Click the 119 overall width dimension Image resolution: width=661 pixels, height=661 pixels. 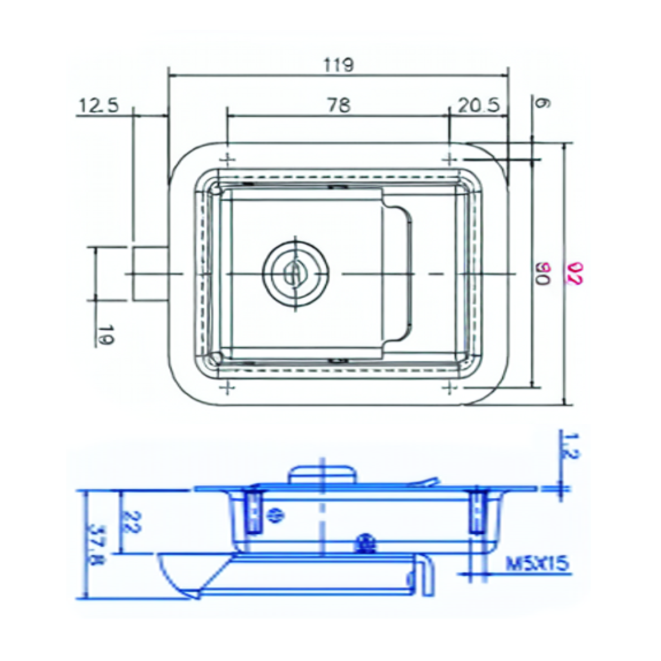[x=338, y=65]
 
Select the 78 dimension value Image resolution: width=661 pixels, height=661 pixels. [x=338, y=105]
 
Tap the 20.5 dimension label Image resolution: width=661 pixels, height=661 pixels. [x=478, y=105]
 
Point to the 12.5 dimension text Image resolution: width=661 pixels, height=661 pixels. [x=99, y=105]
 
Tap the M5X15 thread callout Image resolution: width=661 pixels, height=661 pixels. [x=537, y=564]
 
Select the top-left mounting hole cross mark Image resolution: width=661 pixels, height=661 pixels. [x=227, y=159]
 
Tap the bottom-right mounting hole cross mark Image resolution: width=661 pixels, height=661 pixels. [x=449, y=387]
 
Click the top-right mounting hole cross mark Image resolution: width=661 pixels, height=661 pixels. [x=449, y=159]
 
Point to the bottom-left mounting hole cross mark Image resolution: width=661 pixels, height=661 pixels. [x=227, y=387]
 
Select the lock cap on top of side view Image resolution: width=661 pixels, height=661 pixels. [x=321, y=474]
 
